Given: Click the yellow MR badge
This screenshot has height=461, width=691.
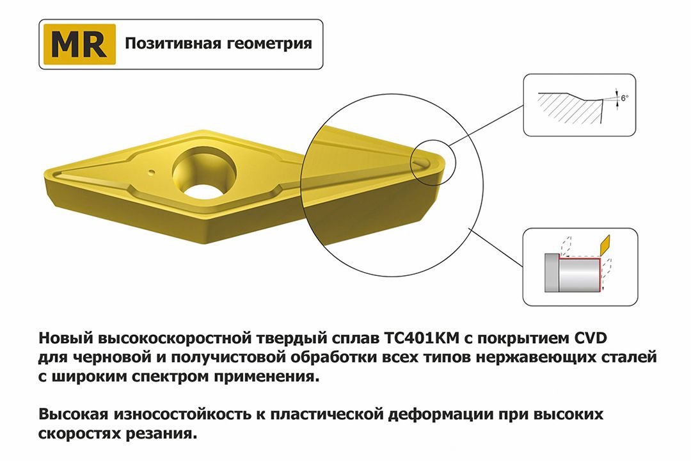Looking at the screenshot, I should click(78, 44).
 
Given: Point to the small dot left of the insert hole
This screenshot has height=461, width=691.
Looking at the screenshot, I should click(151, 172).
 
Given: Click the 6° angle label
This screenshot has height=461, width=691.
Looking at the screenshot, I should click(624, 97).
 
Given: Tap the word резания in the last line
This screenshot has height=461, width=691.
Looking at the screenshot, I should click(161, 434).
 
